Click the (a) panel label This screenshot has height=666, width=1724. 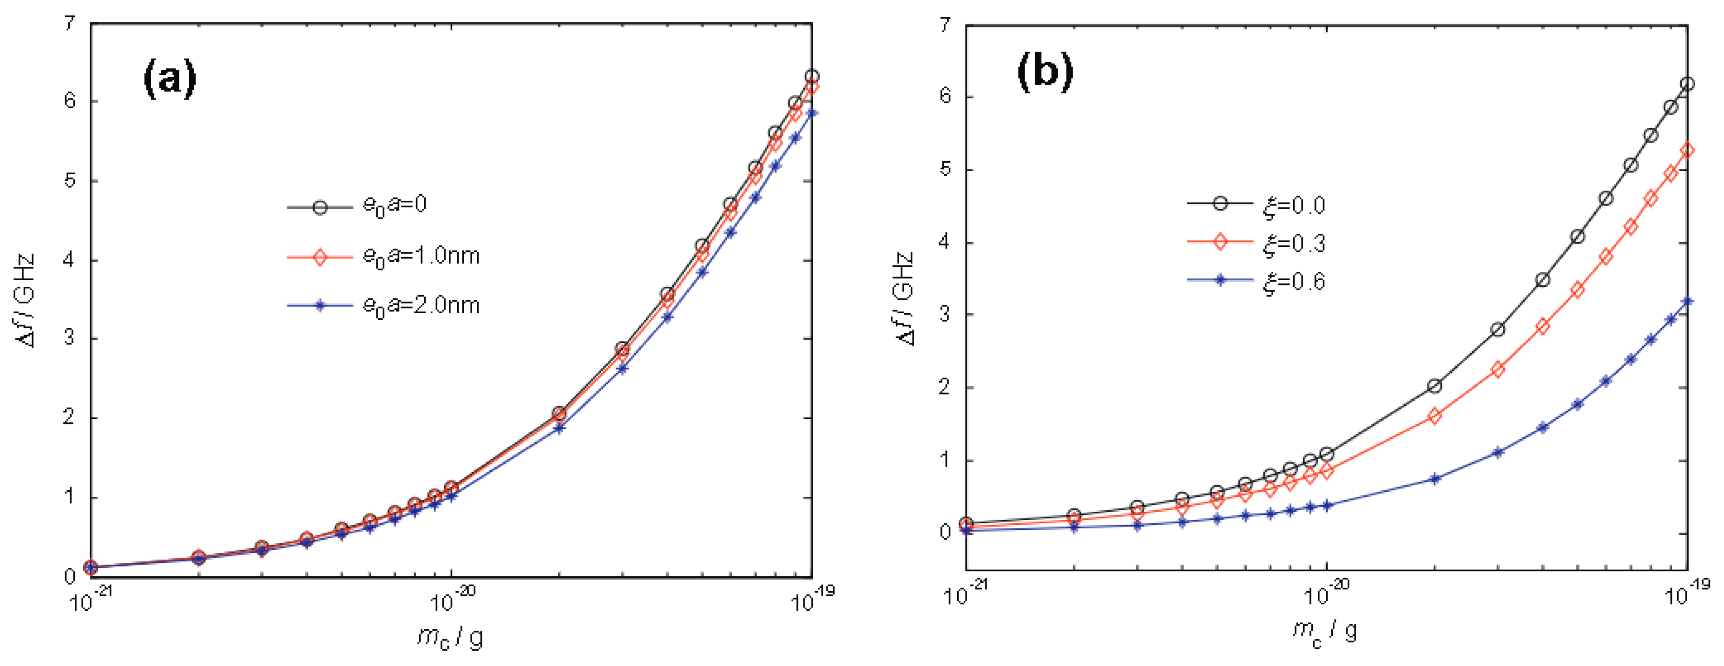[x=170, y=79]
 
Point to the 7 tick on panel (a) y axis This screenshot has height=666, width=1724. [x=70, y=25]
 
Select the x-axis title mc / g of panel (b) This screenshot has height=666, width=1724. [x=1324, y=633]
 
